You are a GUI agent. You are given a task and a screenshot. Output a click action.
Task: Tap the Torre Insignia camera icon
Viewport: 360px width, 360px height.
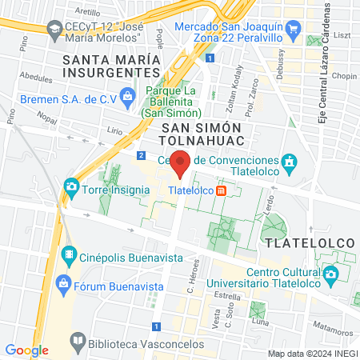point(72,190)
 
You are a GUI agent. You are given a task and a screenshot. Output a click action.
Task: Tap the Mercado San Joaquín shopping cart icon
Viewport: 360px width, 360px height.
point(294,33)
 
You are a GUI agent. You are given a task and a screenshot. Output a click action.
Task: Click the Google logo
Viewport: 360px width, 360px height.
point(26,350)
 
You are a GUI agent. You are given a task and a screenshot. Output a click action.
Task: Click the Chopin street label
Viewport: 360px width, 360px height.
point(342,76)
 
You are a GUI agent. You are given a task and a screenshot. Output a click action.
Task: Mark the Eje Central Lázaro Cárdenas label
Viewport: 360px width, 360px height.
point(328,64)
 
